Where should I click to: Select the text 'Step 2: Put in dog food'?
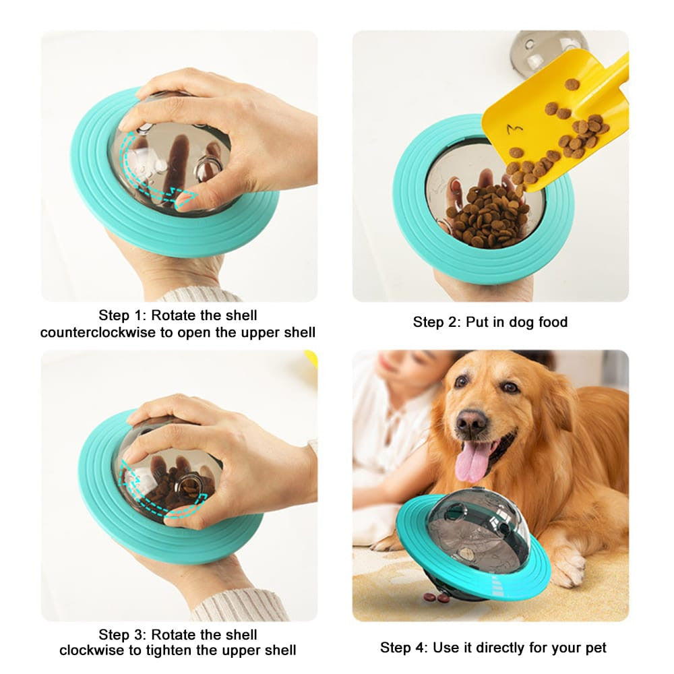click(490, 322)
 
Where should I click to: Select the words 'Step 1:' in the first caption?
click(123, 315)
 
